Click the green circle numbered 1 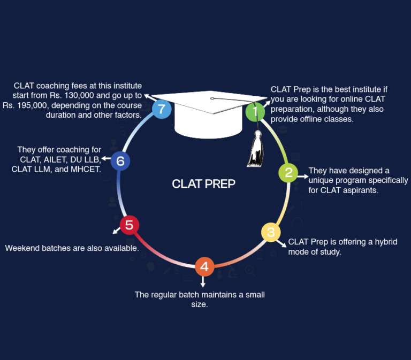(255, 112)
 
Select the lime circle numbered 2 (288, 173)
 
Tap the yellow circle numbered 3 (271, 232)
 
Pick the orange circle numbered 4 (204, 266)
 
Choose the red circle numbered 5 (129, 225)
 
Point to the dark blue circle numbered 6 (120, 160)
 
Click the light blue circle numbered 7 (162, 109)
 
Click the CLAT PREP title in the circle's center (203, 184)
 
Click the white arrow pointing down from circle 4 (203, 281)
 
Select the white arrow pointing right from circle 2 (303, 175)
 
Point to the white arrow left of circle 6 (105, 158)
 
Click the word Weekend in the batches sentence (22, 248)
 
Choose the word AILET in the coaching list (52, 159)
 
